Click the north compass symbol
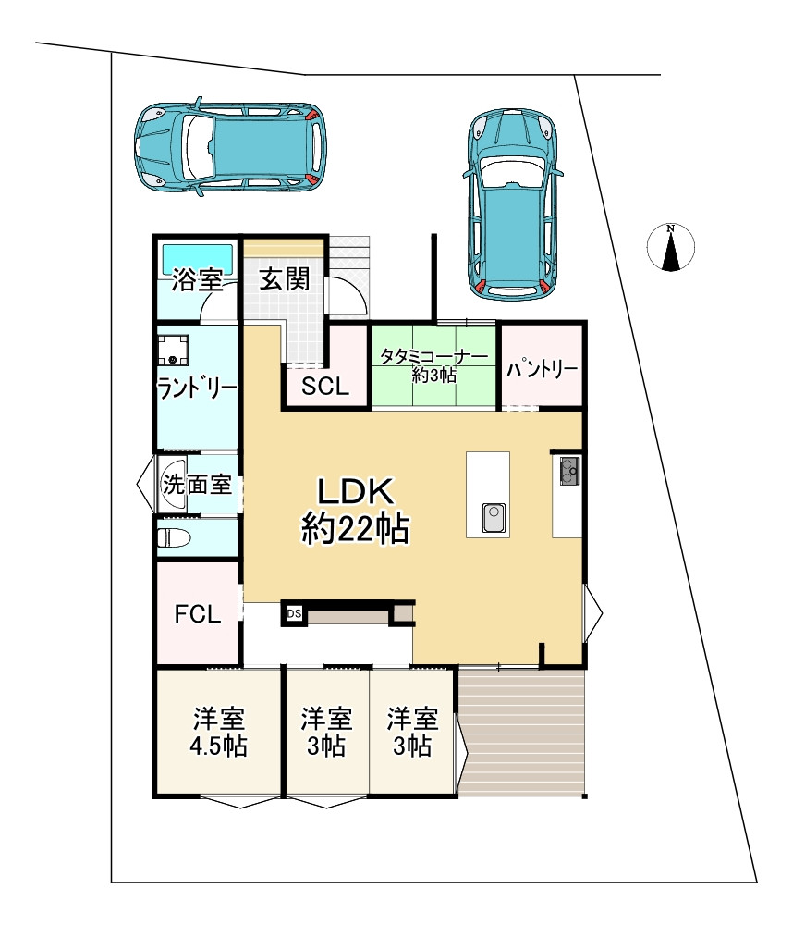pos(670,247)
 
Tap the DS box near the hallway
pos(294,613)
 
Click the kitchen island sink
pos(494,518)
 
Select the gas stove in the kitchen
pos(569,470)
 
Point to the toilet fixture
pos(174,537)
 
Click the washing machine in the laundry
pos(173,351)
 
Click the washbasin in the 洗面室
pos(172,484)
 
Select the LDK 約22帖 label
pos(355,511)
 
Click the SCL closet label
pos(325,387)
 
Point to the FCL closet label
pos(198,614)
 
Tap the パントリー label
pos(542,369)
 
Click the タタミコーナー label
pos(434,357)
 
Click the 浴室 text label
pos(198,279)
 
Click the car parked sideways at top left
pos(230,146)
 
